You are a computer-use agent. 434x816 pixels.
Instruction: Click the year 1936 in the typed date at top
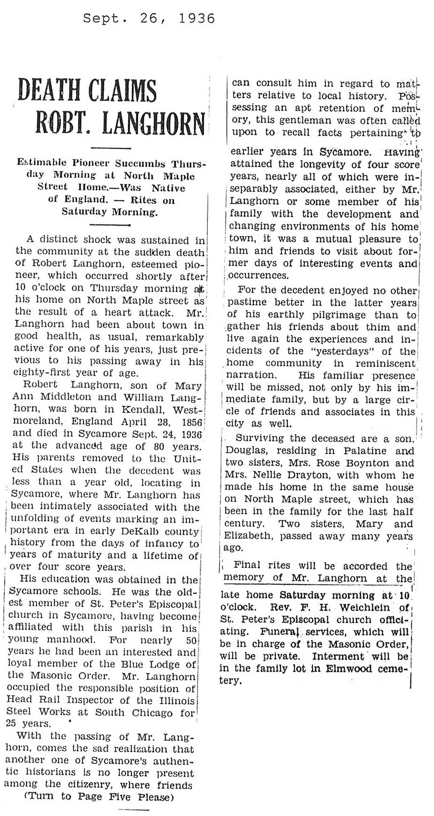coord(197,18)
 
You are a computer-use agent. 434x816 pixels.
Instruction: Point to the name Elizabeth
coord(248,536)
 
